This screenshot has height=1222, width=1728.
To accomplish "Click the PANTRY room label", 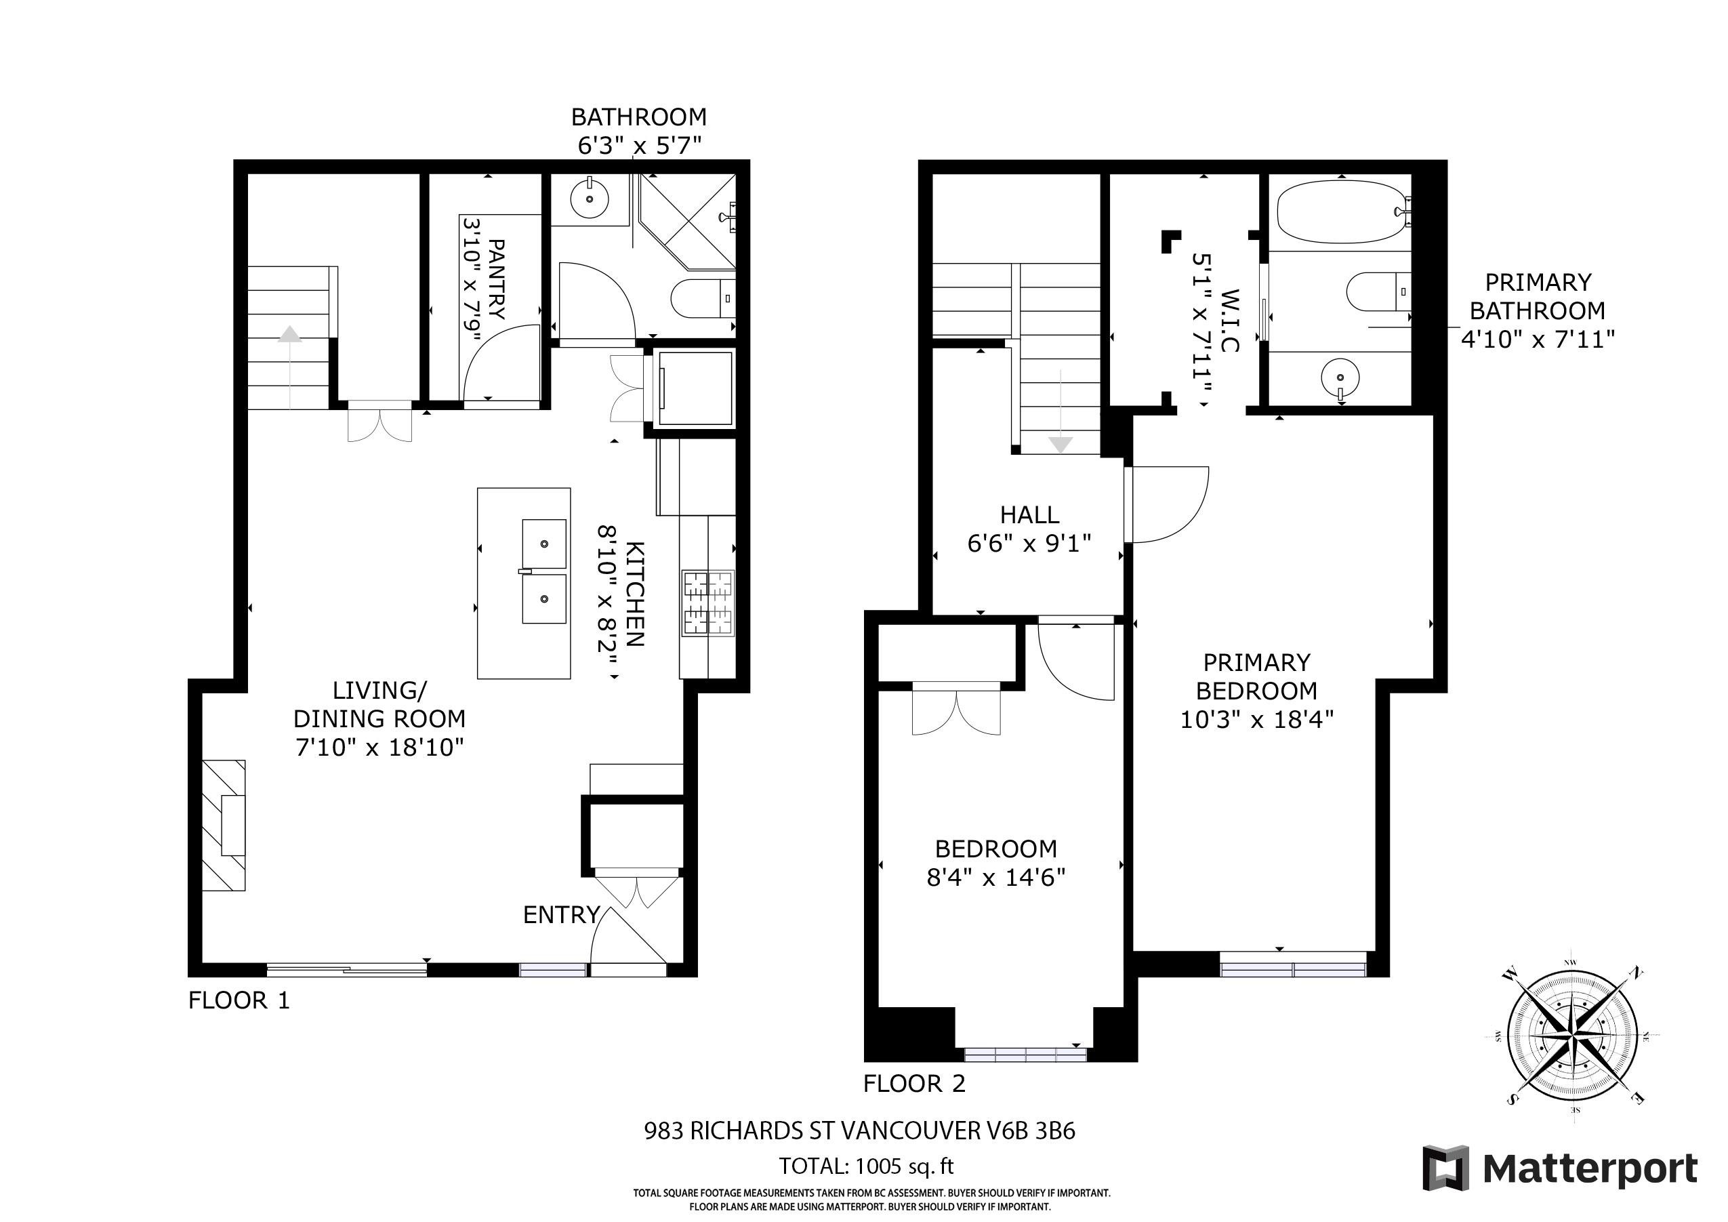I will click(x=497, y=279).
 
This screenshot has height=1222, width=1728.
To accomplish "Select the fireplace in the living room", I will click(x=224, y=826).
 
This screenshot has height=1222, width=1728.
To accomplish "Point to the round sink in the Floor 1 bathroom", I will click(x=590, y=199).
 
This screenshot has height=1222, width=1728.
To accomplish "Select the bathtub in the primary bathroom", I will click(x=1341, y=211).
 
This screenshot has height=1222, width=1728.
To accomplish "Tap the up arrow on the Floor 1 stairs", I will click(x=290, y=333).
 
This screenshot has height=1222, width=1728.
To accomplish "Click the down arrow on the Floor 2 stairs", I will click(x=1061, y=444).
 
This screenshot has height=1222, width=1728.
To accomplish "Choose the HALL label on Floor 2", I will click(x=1029, y=515).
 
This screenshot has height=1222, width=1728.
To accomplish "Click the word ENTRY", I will click(x=560, y=915).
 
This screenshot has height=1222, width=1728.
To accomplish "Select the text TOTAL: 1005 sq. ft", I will click(x=865, y=1166).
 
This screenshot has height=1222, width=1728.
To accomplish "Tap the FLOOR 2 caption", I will click(x=913, y=1084).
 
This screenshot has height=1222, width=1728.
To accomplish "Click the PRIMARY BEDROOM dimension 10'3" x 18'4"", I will click(x=1256, y=720).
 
